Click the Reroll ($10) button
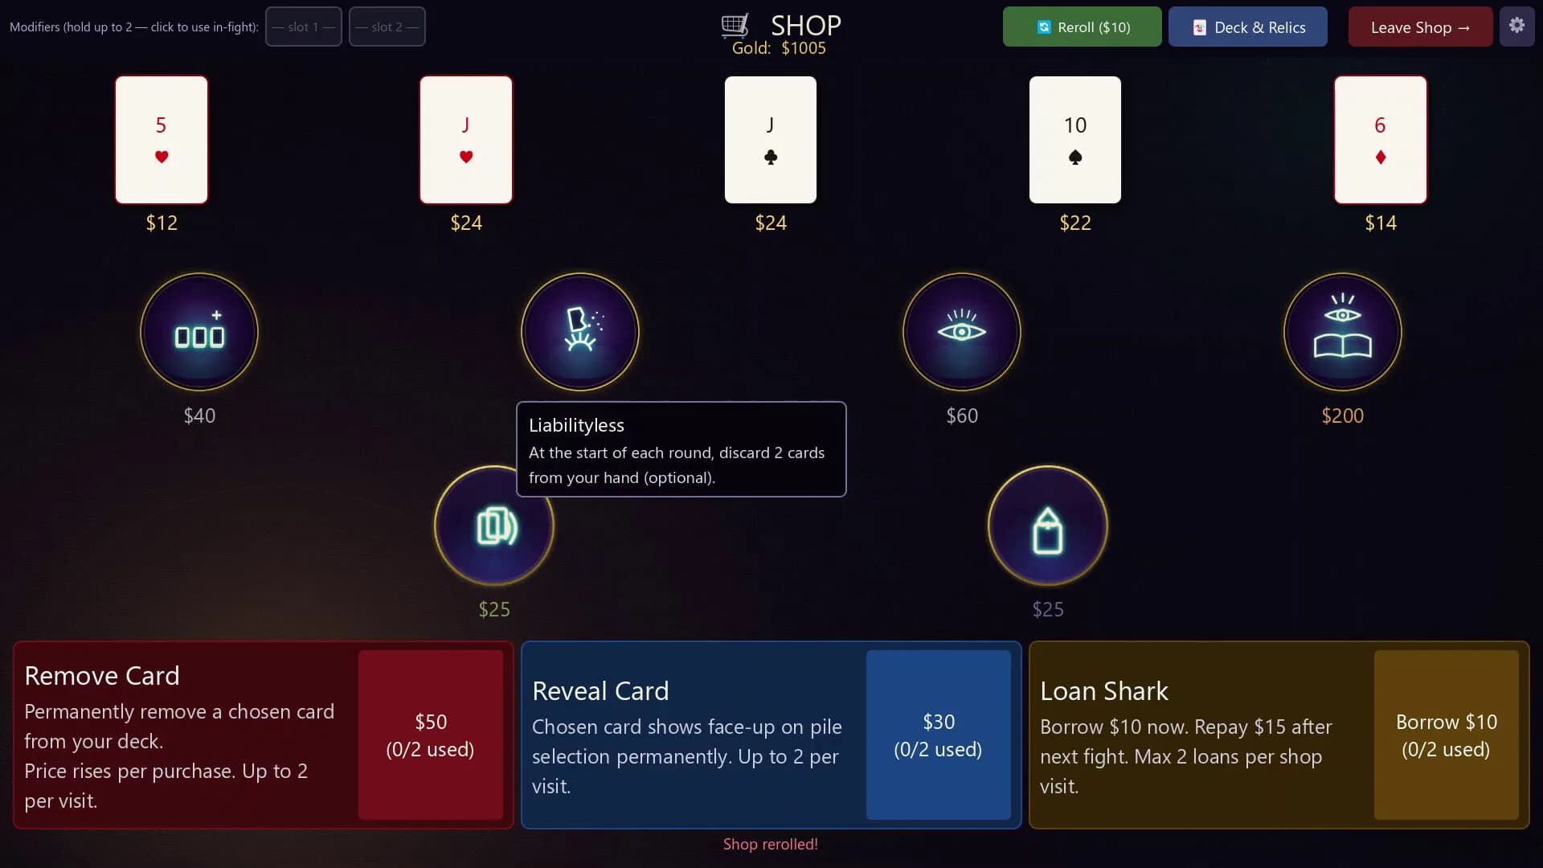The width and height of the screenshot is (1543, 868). (1082, 27)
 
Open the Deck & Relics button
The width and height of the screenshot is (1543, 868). (1248, 27)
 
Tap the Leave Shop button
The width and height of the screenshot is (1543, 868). (1420, 27)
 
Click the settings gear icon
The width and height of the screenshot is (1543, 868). (1516, 26)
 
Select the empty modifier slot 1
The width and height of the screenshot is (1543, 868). (304, 27)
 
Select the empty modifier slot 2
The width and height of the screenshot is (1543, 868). (387, 27)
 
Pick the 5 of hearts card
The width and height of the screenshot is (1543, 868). (162, 140)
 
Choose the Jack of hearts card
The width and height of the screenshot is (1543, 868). (466, 140)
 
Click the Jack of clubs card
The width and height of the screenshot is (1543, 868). (771, 140)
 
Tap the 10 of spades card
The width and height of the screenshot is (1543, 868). (1075, 140)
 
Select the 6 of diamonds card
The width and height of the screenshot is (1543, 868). (1381, 140)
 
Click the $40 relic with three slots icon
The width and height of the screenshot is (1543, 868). (199, 332)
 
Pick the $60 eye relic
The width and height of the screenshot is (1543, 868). (962, 332)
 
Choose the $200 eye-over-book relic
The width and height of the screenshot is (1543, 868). (1343, 332)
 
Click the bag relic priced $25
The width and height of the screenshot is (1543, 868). (1048, 526)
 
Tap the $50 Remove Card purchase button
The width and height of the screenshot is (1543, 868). (431, 735)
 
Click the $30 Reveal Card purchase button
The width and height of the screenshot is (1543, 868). (939, 735)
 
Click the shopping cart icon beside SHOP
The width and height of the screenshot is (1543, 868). (735, 25)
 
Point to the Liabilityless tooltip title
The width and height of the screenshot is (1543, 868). (576, 425)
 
